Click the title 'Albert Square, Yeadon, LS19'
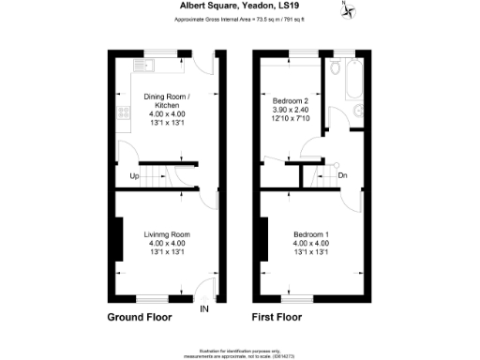(x=239, y=5)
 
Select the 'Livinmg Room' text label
(x=167, y=233)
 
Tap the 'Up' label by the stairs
(x=134, y=175)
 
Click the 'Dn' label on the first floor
(x=342, y=175)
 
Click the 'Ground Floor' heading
(x=139, y=318)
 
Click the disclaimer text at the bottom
(x=239, y=350)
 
